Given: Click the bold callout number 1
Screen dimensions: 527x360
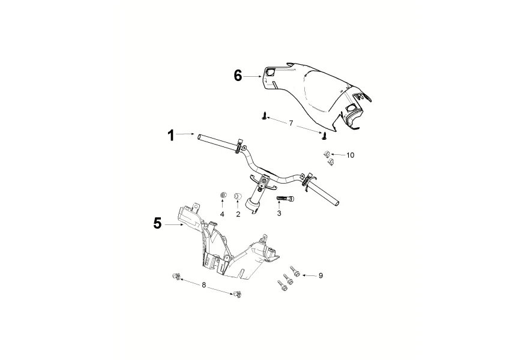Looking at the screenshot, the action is tap(171, 136).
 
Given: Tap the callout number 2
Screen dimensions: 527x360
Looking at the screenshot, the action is tap(238, 214).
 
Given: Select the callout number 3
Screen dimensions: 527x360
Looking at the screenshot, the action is tap(279, 214).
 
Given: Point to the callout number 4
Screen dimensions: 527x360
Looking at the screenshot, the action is tap(222, 214).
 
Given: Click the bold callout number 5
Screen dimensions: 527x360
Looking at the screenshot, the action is tap(157, 223).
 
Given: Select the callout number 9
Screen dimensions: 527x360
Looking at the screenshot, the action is tap(321, 275).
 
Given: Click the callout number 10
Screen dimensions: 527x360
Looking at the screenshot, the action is tap(350, 155).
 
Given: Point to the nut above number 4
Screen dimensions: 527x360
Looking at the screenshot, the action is tap(223, 196).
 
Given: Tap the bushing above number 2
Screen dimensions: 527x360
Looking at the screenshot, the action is tap(237, 196).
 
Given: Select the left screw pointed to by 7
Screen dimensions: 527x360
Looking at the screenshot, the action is tap(263, 115).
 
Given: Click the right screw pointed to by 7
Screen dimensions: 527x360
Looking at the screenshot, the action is tap(324, 134).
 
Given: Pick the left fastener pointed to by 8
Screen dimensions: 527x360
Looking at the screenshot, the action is tap(175, 275).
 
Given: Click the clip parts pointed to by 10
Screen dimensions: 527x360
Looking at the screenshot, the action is tap(328, 157).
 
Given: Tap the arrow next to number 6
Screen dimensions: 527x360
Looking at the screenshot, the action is tap(253, 76).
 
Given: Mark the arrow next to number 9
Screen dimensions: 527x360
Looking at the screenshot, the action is tap(307, 275).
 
